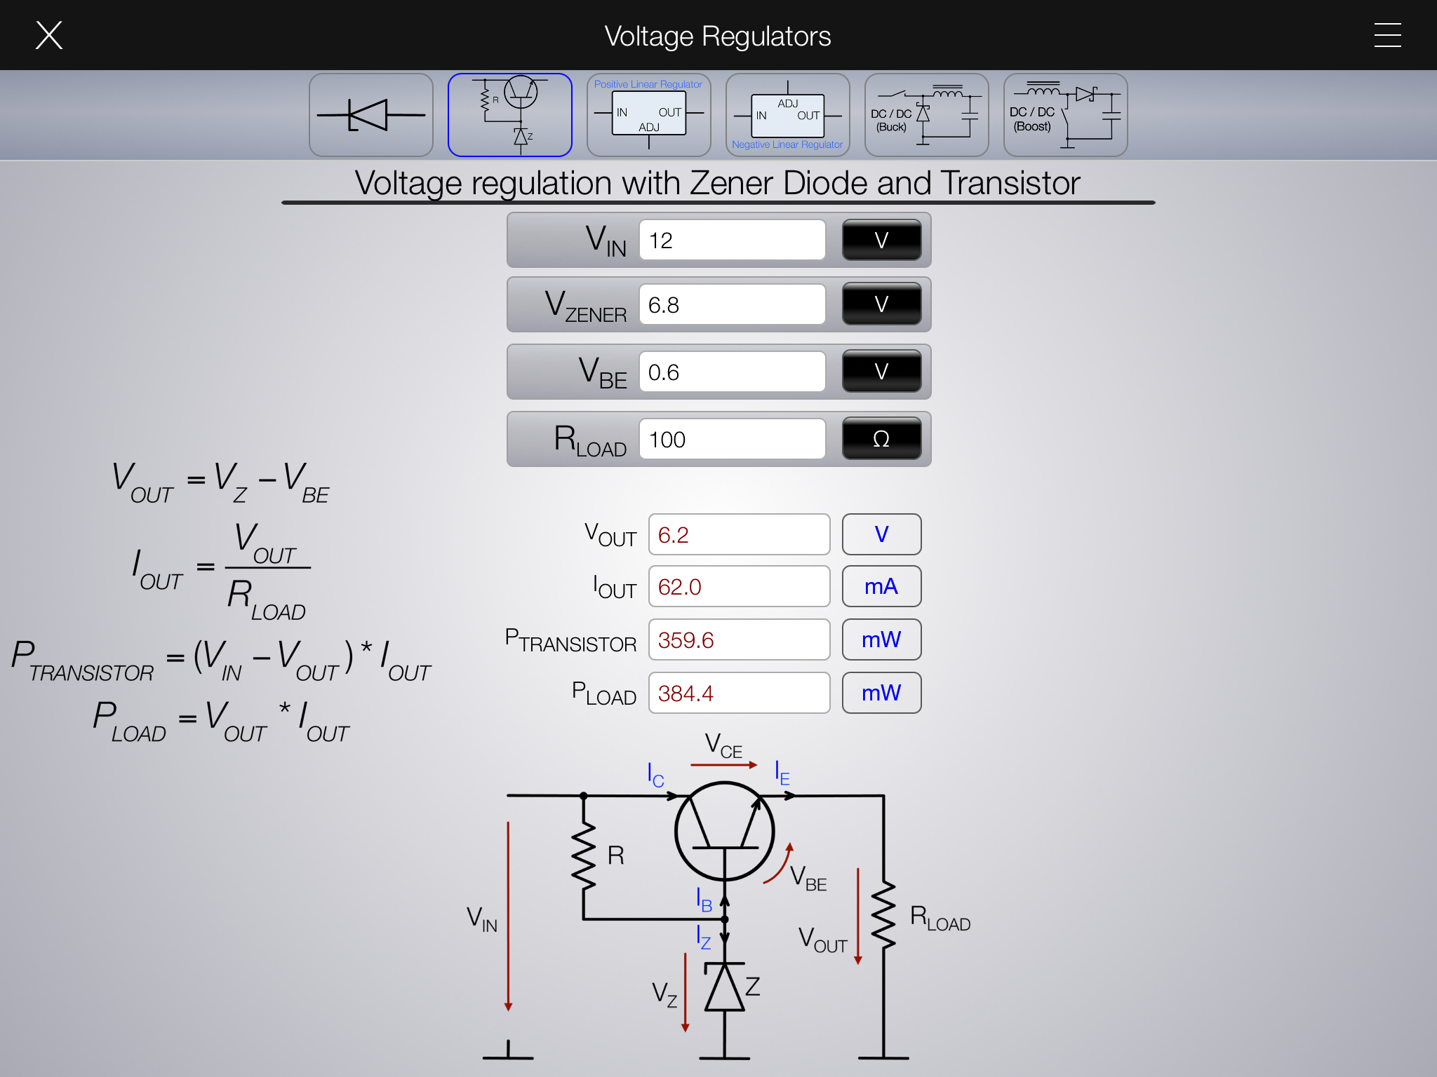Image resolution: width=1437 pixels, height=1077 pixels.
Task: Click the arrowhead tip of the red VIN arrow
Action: coord(508,1010)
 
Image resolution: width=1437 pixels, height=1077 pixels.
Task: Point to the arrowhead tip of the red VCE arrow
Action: coord(758,765)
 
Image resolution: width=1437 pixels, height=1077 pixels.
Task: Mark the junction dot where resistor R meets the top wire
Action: coord(583,796)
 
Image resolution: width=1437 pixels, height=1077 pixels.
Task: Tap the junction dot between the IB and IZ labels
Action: coord(725,919)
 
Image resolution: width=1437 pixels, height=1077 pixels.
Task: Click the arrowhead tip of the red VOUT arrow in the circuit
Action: coord(857,964)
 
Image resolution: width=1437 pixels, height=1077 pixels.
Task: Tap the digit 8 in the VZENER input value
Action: coord(673,305)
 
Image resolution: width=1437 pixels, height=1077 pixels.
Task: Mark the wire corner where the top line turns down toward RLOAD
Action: coord(883,796)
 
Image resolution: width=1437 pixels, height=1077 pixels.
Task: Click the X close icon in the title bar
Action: coord(49,35)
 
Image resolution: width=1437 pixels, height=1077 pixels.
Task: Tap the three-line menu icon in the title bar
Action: coord(1387,35)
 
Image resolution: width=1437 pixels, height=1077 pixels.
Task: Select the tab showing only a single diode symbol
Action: coord(371,115)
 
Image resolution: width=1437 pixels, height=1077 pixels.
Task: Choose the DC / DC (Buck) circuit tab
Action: coord(926,115)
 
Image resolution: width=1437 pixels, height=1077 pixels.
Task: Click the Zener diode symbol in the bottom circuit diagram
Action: coord(725,987)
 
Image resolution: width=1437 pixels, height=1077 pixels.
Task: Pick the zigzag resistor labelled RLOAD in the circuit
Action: coord(883,915)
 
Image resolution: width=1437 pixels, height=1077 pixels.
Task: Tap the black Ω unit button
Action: coord(881,439)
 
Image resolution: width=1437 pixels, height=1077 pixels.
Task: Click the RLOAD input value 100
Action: coord(667,440)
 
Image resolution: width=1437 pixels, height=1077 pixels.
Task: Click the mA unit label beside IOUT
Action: coord(881,586)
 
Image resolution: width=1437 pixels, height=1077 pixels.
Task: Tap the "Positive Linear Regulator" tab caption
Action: coord(648,84)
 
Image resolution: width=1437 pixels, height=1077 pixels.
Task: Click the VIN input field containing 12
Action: coord(732,240)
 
